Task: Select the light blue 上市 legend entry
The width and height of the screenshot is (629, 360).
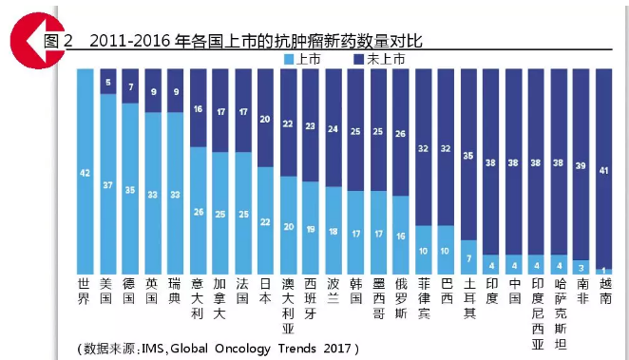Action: tap(303, 59)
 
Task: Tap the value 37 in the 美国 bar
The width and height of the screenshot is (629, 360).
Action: tap(107, 184)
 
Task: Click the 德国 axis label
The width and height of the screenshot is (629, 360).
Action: tap(129, 291)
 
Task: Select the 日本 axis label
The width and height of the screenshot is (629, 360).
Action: tap(265, 291)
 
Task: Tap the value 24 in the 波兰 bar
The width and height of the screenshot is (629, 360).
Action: tap(333, 128)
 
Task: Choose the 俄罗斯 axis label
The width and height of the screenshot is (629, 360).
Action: tap(401, 297)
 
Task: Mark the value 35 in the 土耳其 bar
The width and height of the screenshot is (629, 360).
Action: tap(468, 154)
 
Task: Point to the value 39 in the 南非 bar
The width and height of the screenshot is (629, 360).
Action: tap(581, 164)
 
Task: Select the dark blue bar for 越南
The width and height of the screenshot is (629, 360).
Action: tap(603, 166)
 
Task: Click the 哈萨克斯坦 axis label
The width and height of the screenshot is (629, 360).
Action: tap(559, 304)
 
